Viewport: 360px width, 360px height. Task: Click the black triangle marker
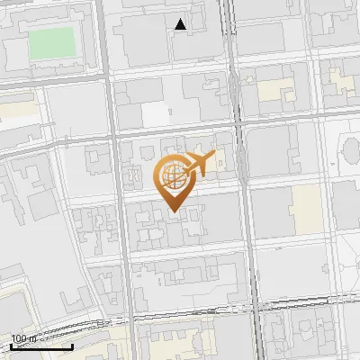[181, 24]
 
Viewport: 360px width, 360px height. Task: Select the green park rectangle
[51, 43]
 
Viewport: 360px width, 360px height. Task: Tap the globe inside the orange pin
[173, 175]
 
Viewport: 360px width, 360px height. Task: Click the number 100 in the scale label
[19, 338]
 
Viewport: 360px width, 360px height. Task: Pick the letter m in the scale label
[32, 338]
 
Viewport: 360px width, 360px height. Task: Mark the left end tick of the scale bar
[10, 346]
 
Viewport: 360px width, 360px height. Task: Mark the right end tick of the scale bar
[73, 346]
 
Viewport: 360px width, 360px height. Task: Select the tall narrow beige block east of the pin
[306, 209]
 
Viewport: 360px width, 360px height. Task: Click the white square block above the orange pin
[156, 114]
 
